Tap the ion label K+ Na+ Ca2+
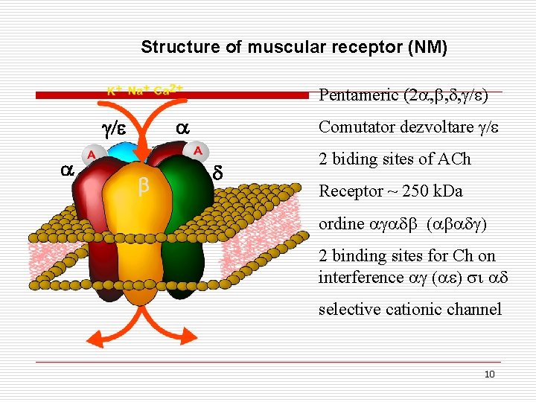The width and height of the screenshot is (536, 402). [x=145, y=91]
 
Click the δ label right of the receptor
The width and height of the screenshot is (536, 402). [x=218, y=173]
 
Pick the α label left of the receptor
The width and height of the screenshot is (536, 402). [x=66, y=170]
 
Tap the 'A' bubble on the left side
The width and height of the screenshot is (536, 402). [x=92, y=155]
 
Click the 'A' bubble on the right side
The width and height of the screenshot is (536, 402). [x=198, y=150]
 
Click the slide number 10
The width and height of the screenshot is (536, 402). [x=489, y=374]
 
